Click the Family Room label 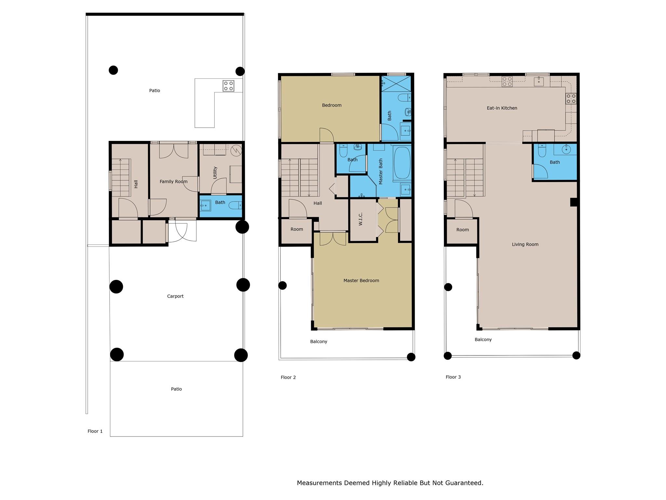[x=173, y=182]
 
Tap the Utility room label [x=215, y=173]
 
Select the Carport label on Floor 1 [x=175, y=296]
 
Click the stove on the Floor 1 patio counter [x=228, y=86]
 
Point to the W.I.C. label [x=361, y=219]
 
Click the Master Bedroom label [x=361, y=281]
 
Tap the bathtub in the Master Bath [x=402, y=162]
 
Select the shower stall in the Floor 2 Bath [x=396, y=84]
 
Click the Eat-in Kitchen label [x=502, y=108]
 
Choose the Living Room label [x=525, y=244]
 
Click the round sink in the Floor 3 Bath [x=566, y=150]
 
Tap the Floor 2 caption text [x=288, y=378]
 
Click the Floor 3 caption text [x=453, y=377]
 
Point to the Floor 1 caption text [x=95, y=431]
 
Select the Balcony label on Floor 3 [x=483, y=340]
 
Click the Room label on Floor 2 [x=297, y=229]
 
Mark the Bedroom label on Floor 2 [x=332, y=105]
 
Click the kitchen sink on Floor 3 [x=539, y=81]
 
